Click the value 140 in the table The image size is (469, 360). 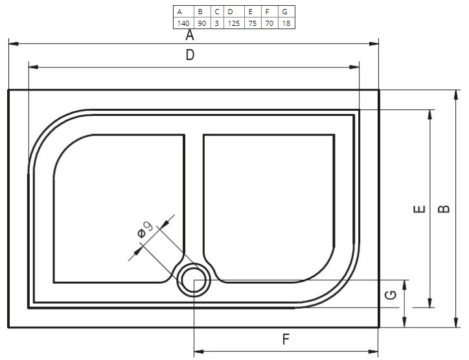pyautogui.click(x=183, y=23)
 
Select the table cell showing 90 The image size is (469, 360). pyautogui.click(x=202, y=23)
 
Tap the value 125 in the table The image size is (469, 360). pyautogui.click(x=234, y=23)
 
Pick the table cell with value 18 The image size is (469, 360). pyautogui.click(x=286, y=23)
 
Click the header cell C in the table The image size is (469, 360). pyautogui.click(x=217, y=12)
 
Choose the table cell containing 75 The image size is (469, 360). pyautogui.click(x=253, y=23)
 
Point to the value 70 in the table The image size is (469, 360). pyautogui.click(x=269, y=23)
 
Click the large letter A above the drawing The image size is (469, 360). pyautogui.click(x=190, y=35)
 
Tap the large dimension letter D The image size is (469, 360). pyautogui.click(x=190, y=55)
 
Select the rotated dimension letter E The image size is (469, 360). pyautogui.click(x=419, y=209)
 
